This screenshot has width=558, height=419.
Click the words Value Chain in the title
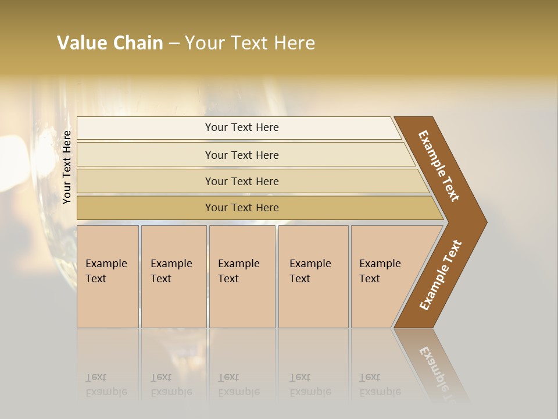(x=110, y=43)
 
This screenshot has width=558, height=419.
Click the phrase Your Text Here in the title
(x=250, y=43)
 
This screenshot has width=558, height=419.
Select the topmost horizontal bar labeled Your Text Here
(x=241, y=127)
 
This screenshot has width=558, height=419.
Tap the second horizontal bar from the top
(x=241, y=155)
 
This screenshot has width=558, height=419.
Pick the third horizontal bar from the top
(x=241, y=181)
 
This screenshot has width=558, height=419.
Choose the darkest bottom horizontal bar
(x=241, y=208)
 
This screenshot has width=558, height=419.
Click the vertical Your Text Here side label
(x=67, y=167)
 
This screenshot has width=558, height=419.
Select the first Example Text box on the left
(x=108, y=276)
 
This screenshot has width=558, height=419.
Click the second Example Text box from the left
(x=173, y=276)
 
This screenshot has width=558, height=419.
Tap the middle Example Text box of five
(x=242, y=276)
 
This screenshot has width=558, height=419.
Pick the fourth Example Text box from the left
(x=313, y=276)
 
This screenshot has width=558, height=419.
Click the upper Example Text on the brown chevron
(x=439, y=165)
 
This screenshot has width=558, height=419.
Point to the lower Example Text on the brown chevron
(x=441, y=275)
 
